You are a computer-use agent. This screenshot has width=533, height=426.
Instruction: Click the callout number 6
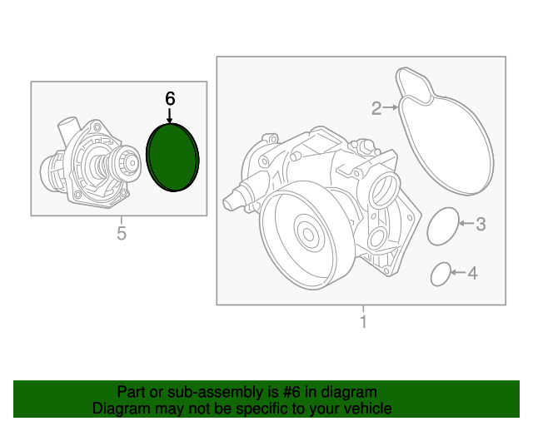[170, 98]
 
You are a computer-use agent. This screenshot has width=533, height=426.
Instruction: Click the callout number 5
[121, 233]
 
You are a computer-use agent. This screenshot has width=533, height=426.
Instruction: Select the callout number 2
[376, 107]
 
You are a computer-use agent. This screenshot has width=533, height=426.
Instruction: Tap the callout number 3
[481, 223]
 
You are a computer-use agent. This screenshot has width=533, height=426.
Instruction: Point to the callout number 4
[472, 272]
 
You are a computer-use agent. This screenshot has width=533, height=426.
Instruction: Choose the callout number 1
[363, 321]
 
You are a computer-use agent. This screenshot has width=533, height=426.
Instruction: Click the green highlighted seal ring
[172, 156]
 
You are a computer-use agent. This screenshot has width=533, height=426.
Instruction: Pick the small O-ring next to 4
[441, 274]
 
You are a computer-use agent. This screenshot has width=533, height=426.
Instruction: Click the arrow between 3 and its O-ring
[466, 223]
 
